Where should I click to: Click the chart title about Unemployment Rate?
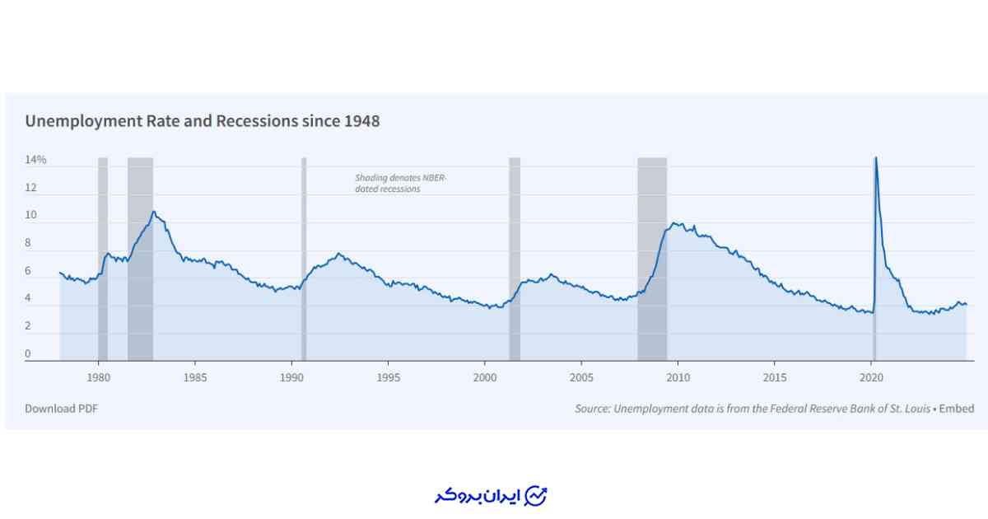pos(202,121)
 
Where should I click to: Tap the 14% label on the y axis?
pos(35,160)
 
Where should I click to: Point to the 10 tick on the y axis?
pos(30,215)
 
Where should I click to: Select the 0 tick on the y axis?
pos(27,354)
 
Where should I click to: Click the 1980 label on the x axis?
pos(98,377)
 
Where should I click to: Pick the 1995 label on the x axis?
pos(388,377)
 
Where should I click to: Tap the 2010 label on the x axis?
pos(678,377)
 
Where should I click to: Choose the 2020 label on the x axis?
pos(871,377)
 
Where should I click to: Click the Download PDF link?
pos(61,409)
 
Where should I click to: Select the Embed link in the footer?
pos(957,409)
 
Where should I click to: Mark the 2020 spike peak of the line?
pos(875,158)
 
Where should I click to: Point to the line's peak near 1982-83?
pos(153,212)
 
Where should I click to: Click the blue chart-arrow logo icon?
pos(536,495)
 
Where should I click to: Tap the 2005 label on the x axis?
pos(581,377)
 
